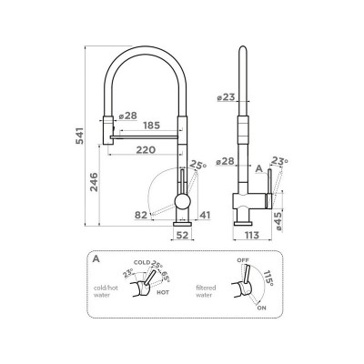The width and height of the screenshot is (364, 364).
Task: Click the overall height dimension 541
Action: (x=79, y=135)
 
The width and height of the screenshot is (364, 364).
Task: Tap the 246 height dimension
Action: (x=95, y=182)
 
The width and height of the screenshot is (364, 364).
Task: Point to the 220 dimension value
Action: (x=146, y=150)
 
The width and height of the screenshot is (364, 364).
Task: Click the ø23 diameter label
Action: (x=227, y=97)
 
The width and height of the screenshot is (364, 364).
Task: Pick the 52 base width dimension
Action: (x=182, y=235)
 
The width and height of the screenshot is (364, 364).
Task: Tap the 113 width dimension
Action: (x=252, y=235)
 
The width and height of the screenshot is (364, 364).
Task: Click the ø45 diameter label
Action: (x=278, y=221)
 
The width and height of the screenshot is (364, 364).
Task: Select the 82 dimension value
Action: (x=141, y=215)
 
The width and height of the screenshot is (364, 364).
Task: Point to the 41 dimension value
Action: (x=205, y=215)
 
